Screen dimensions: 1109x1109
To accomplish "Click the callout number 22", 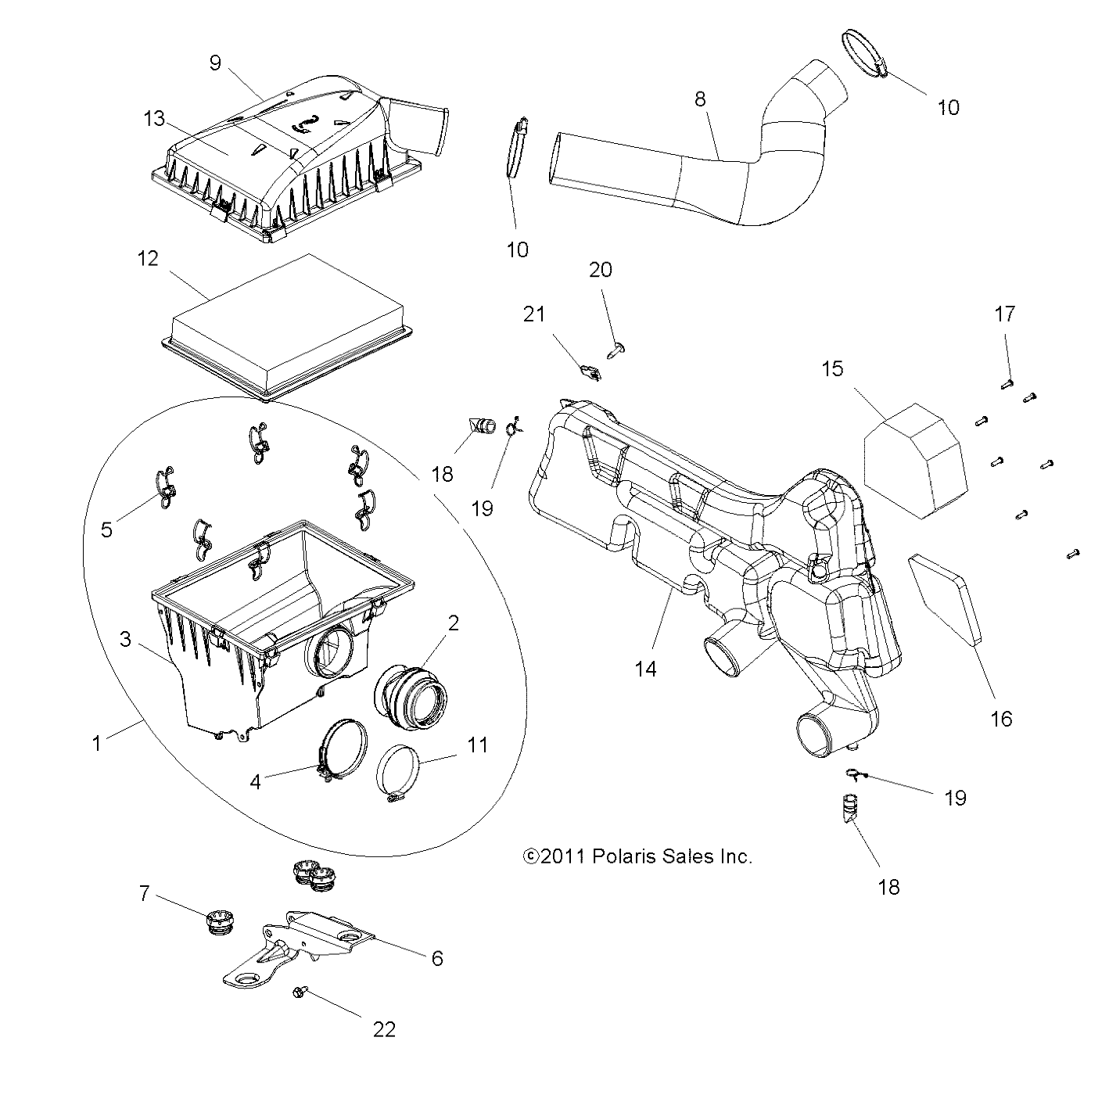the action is (384, 1029).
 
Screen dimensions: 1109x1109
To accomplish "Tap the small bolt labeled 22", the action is (300, 991).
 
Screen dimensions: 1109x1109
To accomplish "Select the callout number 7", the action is (144, 893).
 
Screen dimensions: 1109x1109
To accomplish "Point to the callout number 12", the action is (148, 258).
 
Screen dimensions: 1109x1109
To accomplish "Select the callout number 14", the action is (646, 669).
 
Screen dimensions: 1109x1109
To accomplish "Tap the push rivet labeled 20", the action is (616, 347).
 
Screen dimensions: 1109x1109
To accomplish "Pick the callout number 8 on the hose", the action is (700, 99).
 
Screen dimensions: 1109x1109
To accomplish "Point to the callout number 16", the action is (1001, 718).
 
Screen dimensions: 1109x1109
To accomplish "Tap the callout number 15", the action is (832, 368).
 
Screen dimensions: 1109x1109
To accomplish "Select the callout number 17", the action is (1005, 314).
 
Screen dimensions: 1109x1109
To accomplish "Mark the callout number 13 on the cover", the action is (154, 119).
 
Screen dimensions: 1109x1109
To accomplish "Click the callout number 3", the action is (125, 639).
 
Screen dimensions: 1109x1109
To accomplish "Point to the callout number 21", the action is (534, 314).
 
